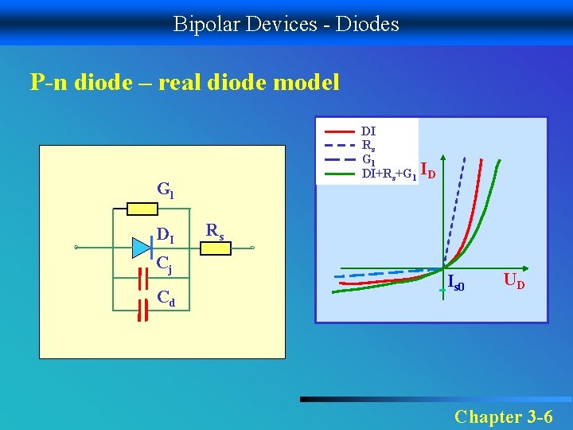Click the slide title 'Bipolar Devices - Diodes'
pyautogui.click(x=286, y=24)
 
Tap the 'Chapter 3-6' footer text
pyautogui.click(x=503, y=416)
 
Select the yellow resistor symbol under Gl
pyautogui.click(x=145, y=209)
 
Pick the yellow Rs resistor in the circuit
pyautogui.click(x=215, y=248)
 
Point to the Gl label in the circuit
pyautogui.click(x=166, y=190)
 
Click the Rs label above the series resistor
pyautogui.click(x=215, y=230)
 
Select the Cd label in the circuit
pyautogui.click(x=166, y=299)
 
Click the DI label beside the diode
pyautogui.click(x=166, y=234)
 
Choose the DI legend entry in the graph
pyautogui.click(x=368, y=130)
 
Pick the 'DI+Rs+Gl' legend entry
pyautogui.click(x=388, y=173)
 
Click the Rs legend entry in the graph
pyautogui.click(x=368, y=145)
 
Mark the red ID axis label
pyautogui.click(x=427, y=170)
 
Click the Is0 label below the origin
pyautogui.click(x=456, y=282)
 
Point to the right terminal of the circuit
pyautogui.click(x=252, y=248)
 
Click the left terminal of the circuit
pyautogui.click(x=77, y=248)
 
